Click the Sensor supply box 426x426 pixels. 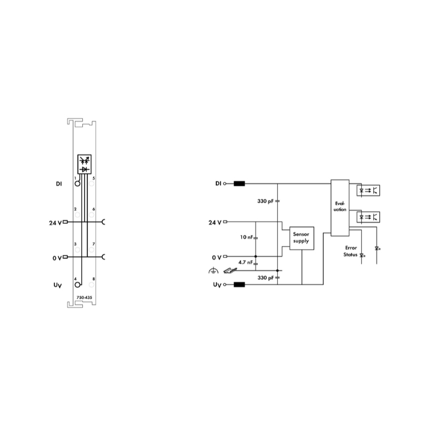[302, 238]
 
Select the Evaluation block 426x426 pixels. [340, 207]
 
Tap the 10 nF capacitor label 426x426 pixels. [247, 237]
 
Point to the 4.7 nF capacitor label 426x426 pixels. [245, 262]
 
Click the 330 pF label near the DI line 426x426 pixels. [265, 201]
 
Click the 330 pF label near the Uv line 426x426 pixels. [266, 278]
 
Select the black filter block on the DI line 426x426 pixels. [239, 183]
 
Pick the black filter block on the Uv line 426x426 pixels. [239, 285]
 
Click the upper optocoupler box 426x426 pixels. [368, 190]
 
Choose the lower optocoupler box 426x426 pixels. [368, 217]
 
